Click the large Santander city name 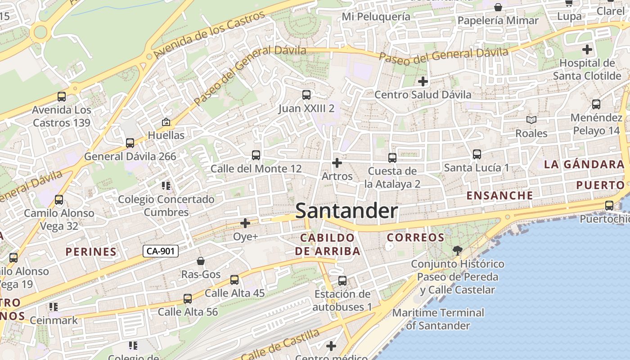pyautogui.click(x=346, y=211)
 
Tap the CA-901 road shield pyautogui.click(x=161, y=251)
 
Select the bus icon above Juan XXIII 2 pyautogui.click(x=306, y=95)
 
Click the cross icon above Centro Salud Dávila pyautogui.click(x=423, y=81)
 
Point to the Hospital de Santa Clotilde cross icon pyautogui.click(x=587, y=49)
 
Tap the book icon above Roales pyautogui.click(x=531, y=120)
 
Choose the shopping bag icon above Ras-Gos pyautogui.click(x=201, y=261)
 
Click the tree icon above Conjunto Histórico pyautogui.click(x=458, y=250)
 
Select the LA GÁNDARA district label pyautogui.click(x=584, y=164)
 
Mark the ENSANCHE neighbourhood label pyautogui.click(x=499, y=195)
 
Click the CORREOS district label pyautogui.click(x=415, y=237)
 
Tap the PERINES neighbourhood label pyautogui.click(x=91, y=252)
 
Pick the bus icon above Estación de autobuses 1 pyautogui.click(x=342, y=281)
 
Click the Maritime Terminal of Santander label pyautogui.click(x=438, y=319)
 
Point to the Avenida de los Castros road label pyautogui.click(x=209, y=35)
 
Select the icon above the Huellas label pyautogui.click(x=166, y=122)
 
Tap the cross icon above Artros pyautogui.click(x=337, y=163)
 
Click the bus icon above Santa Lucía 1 pyautogui.click(x=477, y=154)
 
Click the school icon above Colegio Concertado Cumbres pyautogui.click(x=166, y=185)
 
